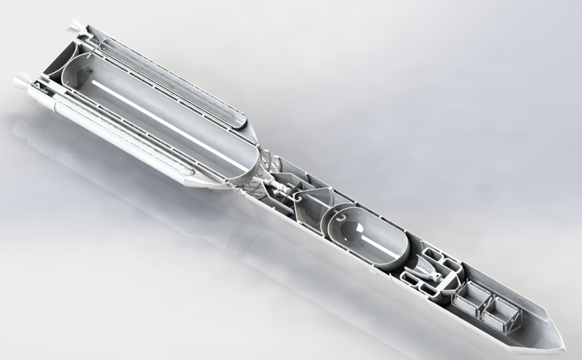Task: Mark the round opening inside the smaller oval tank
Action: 350,233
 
